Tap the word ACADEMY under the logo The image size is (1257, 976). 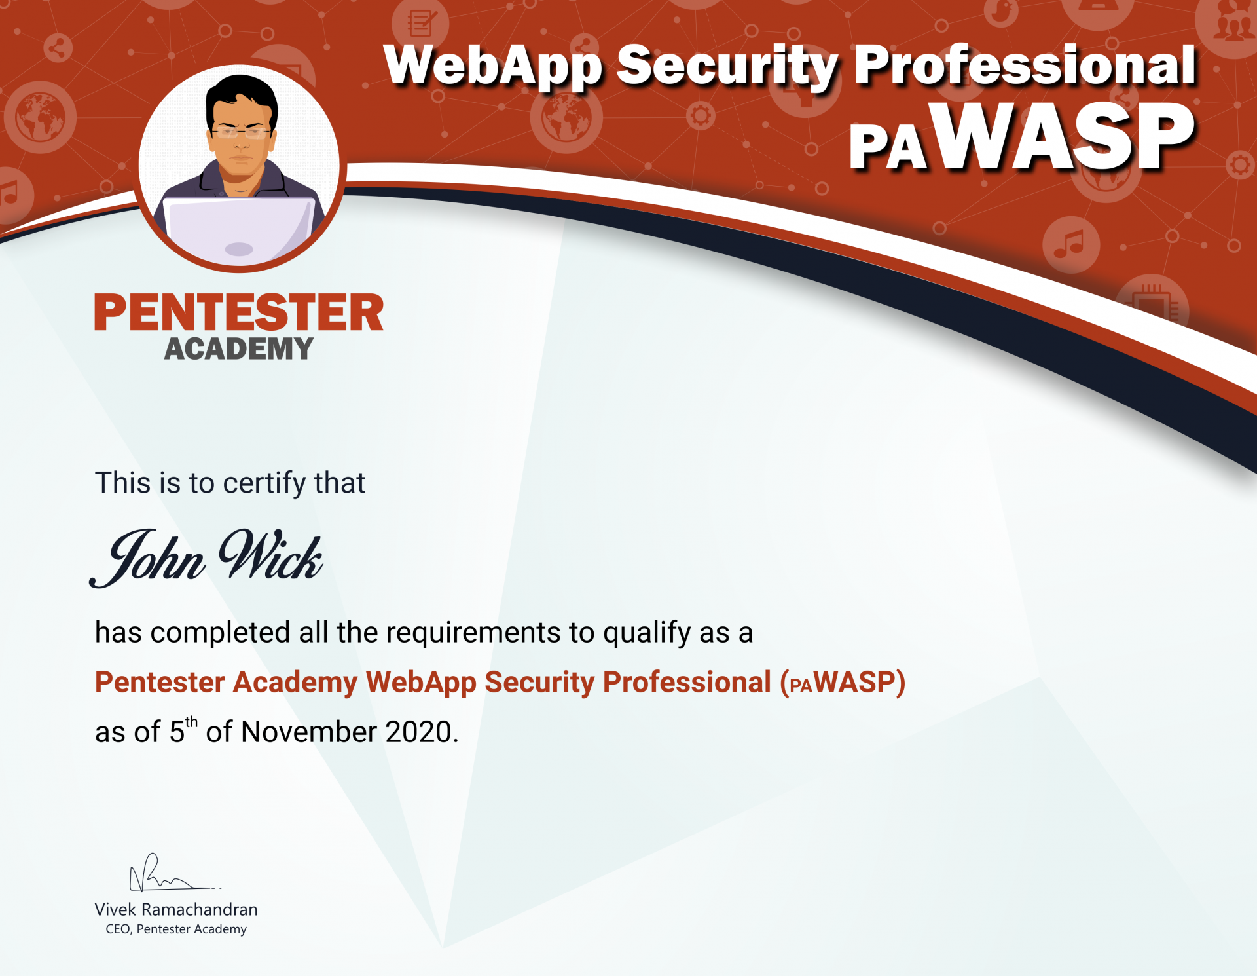click(x=239, y=348)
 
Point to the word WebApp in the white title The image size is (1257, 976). click(x=493, y=66)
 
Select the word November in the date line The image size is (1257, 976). click(x=309, y=732)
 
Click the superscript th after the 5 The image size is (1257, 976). click(x=191, y=722)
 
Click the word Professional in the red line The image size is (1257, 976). click(x=687, y=682)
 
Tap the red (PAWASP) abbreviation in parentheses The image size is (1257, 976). click(x=843, y=683)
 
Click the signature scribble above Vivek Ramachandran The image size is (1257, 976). click(x=173, y=873)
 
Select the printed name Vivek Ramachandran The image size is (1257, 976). click(x=176, y=909)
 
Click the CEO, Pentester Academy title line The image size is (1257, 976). click(x=176, y=929)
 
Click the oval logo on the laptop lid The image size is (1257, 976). click(x=239, y=249)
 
